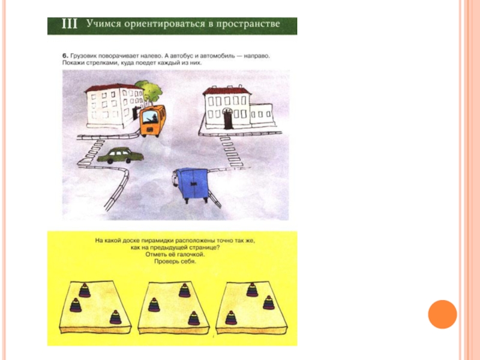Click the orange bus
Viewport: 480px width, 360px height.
point(153,121)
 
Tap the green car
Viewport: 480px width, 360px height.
point(121,155)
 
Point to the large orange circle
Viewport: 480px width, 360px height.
point(442,314)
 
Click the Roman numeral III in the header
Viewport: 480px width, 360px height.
point(70,24)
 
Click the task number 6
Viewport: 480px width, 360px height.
point(65,56)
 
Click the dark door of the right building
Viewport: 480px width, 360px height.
point(228,118)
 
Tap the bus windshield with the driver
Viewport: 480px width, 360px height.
point(151,117)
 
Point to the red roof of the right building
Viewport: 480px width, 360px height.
point(227,91)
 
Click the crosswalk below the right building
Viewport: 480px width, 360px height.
point(232,152)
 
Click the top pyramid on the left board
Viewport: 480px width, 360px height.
point(85,290)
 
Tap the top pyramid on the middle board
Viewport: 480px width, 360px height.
point(185,290)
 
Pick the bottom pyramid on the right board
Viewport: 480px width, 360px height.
point(231,318)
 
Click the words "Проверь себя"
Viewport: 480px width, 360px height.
point(175,262)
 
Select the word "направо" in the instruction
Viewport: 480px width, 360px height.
point(257,56)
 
